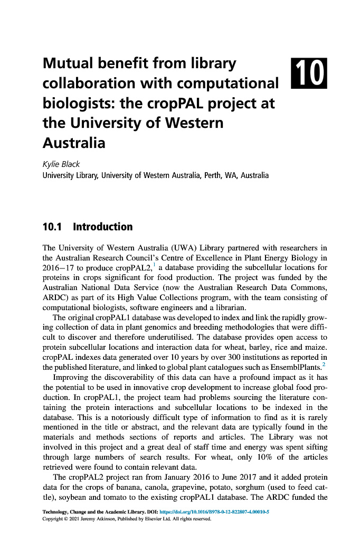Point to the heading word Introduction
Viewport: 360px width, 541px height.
click(103, 227)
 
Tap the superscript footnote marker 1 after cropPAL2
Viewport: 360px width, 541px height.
click(154, 265)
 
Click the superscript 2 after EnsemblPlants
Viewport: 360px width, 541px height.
click(324, 364)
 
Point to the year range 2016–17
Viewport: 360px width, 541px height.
click(59, 267)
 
